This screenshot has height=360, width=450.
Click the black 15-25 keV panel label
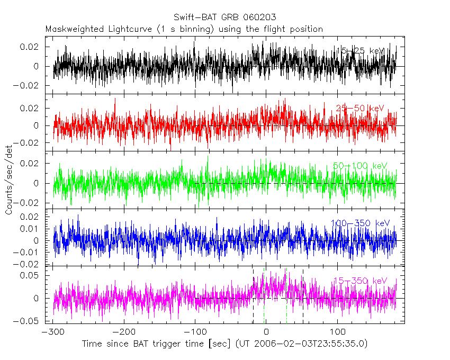[x=361, y=50]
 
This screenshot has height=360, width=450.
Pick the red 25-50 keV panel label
[x=359, y=109]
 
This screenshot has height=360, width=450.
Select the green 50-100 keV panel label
[x=360, y=166]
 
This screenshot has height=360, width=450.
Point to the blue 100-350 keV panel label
[x=361, y=223]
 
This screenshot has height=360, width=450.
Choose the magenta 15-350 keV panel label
[x=360, y=281]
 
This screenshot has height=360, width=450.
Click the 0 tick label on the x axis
[x=266, y=332]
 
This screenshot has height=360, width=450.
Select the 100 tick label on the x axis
[x=337, y=332]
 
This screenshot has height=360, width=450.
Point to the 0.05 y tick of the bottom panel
[x=31, y=275]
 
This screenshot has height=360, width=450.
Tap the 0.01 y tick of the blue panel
[x=31, y=229]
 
